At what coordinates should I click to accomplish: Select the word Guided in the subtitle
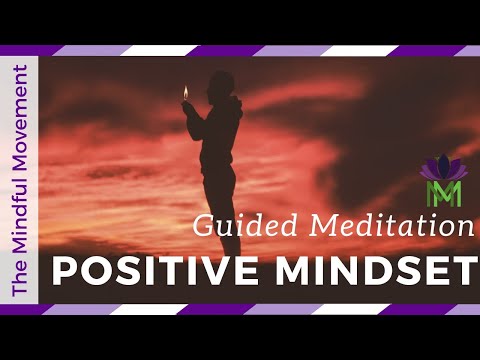[x=225, y=227]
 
